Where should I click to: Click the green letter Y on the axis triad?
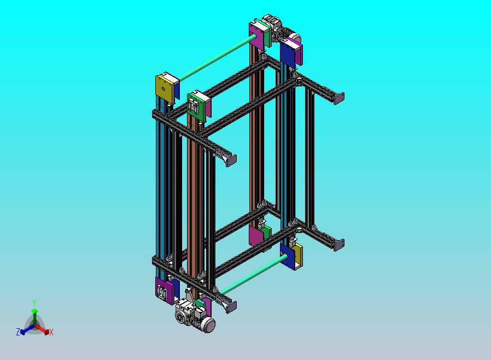(34, 303)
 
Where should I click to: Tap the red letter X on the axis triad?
(51, 332)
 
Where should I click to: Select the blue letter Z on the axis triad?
(18, 332)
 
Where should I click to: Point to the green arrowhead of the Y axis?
(34, 311)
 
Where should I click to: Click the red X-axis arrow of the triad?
(42, 329)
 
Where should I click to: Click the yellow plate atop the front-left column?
(164, 89)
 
